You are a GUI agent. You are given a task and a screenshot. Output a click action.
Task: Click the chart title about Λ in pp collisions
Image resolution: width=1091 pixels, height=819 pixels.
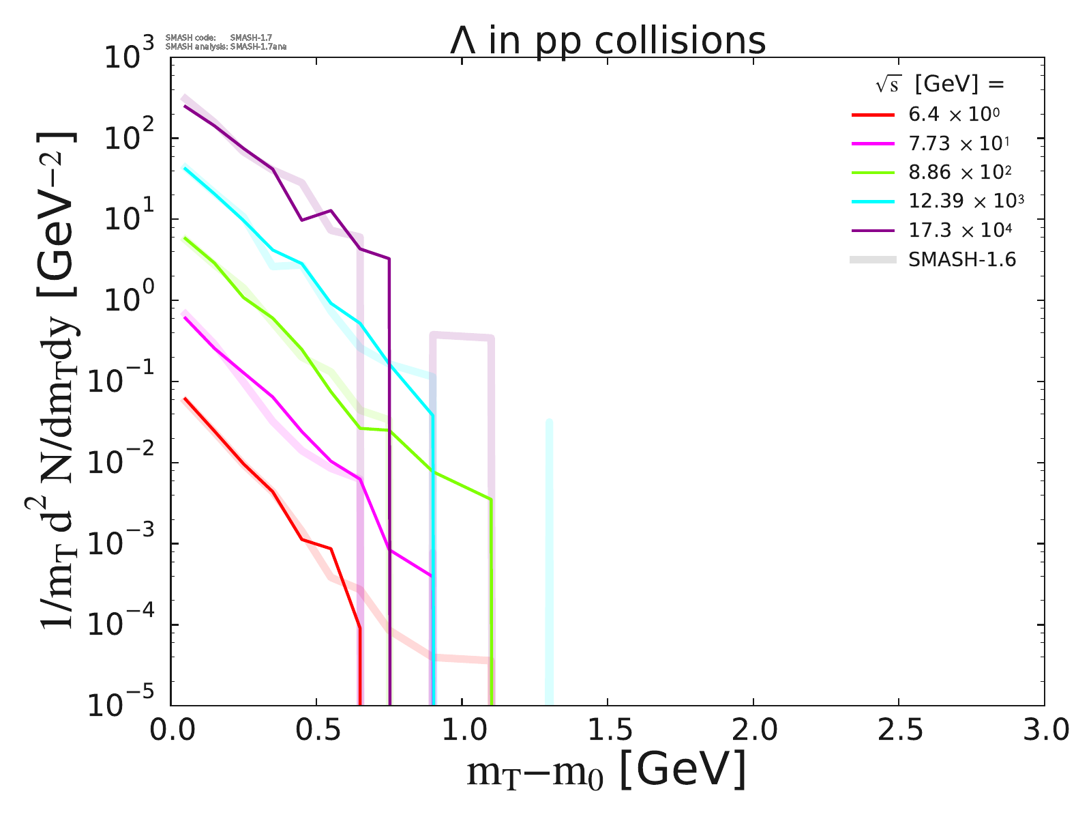[x=608, y=41]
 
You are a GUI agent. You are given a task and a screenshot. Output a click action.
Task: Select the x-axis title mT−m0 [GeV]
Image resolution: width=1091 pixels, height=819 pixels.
[x=606, y=772]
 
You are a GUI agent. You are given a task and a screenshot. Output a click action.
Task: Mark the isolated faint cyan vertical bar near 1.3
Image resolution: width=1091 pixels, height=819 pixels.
[x=549, y=560]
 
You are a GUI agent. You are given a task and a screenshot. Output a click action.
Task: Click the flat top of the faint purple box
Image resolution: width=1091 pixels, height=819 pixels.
[x=462, y=335]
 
